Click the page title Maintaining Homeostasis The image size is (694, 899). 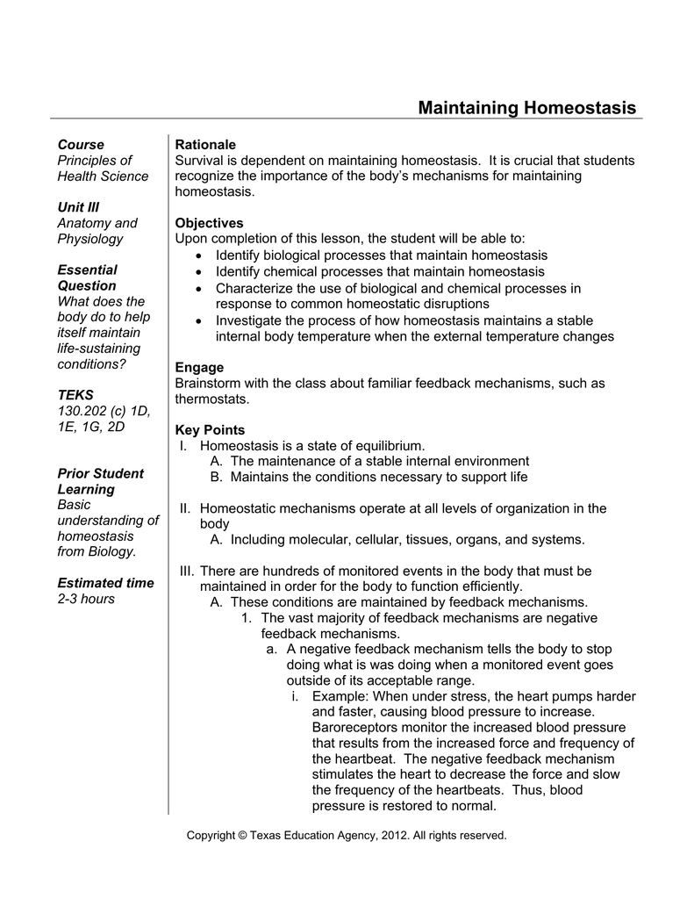[526, 108]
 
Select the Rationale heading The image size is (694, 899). [205, 144]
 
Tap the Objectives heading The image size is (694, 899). [209, 223]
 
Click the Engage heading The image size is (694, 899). [199, 367]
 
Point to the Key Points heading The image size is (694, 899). [210, 430]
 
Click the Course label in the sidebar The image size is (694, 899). [81, 144]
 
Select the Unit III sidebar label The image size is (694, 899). [78, 207]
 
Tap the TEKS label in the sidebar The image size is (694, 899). [75, 395]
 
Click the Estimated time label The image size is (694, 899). [105, 583]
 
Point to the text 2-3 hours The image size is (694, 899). [85, 599]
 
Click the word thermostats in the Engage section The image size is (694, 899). [211, 399]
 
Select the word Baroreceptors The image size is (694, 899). [355, 727]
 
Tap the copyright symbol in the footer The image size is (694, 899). [242, 836]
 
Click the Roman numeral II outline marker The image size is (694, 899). [185, 508]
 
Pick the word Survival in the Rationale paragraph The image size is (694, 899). [200, 160]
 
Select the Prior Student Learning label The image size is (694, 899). [100, 481]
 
